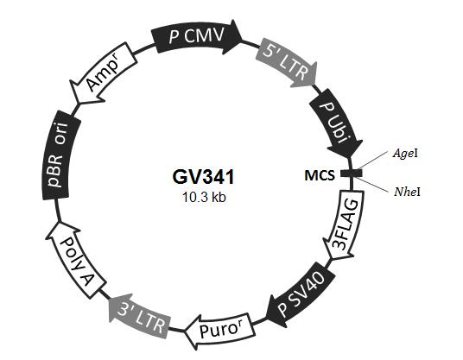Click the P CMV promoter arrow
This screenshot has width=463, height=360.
coord(196,36)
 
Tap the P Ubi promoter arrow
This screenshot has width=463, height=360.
coord(337,123)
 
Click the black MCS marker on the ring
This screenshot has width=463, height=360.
coord(352,174)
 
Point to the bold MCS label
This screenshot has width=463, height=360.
coord(320,175)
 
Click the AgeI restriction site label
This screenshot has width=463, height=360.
coord(405,153)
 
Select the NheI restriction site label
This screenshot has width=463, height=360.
coord(407,193)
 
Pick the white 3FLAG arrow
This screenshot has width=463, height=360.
coord(345,224)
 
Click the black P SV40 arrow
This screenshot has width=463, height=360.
coord(301,294)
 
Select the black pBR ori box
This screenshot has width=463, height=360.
coord(60,155)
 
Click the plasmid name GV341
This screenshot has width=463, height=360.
coord(203,177)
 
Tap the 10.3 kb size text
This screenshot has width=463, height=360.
coord(204,197)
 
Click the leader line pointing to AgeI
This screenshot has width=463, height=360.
coord(374,161)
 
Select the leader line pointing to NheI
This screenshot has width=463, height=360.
coord(374,185)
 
